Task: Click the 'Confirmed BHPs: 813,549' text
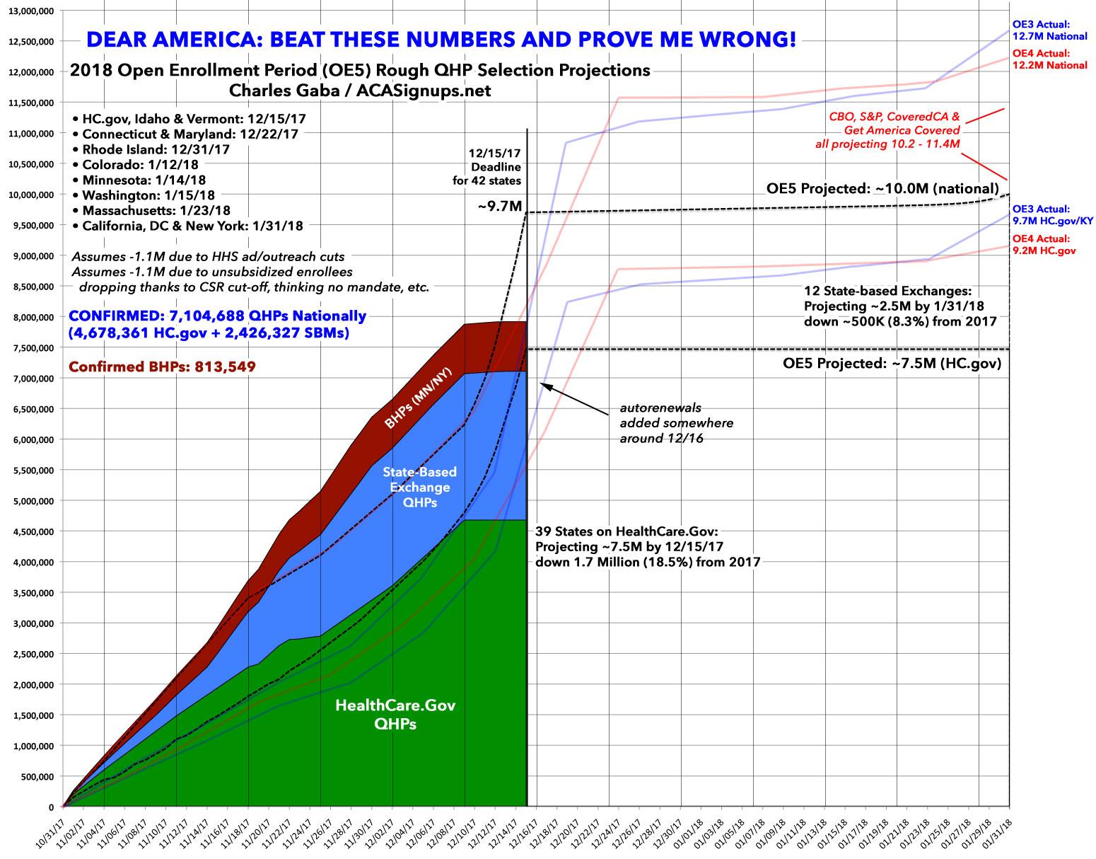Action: click(162, 367)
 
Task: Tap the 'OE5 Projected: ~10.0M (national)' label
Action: click(882, 189)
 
